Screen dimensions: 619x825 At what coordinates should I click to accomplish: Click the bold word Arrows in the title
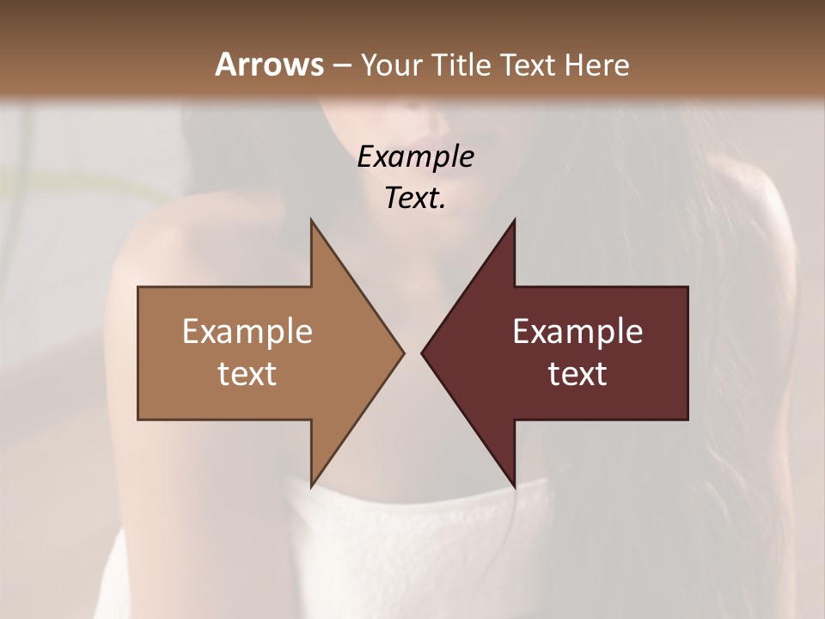269,64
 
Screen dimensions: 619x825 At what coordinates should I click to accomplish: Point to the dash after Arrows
341,66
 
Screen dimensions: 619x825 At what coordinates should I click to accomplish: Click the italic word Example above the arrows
415,156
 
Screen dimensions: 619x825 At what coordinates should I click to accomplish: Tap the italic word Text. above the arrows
415,198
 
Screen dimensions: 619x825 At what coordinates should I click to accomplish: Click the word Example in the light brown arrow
247,332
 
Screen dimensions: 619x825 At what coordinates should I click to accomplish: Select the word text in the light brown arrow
247,374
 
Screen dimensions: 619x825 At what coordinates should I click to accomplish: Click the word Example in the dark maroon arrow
577,332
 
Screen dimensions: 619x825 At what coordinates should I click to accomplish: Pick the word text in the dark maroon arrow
577,374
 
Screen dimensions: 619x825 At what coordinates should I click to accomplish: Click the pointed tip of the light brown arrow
403,352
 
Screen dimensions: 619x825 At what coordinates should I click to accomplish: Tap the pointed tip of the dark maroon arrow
422,352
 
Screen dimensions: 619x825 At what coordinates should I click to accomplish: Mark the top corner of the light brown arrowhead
311,221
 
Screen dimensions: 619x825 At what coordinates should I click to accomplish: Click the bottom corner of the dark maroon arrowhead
514,485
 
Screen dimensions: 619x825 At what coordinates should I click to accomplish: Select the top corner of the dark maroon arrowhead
514,221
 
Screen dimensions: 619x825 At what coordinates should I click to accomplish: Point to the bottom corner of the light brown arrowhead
311,485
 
